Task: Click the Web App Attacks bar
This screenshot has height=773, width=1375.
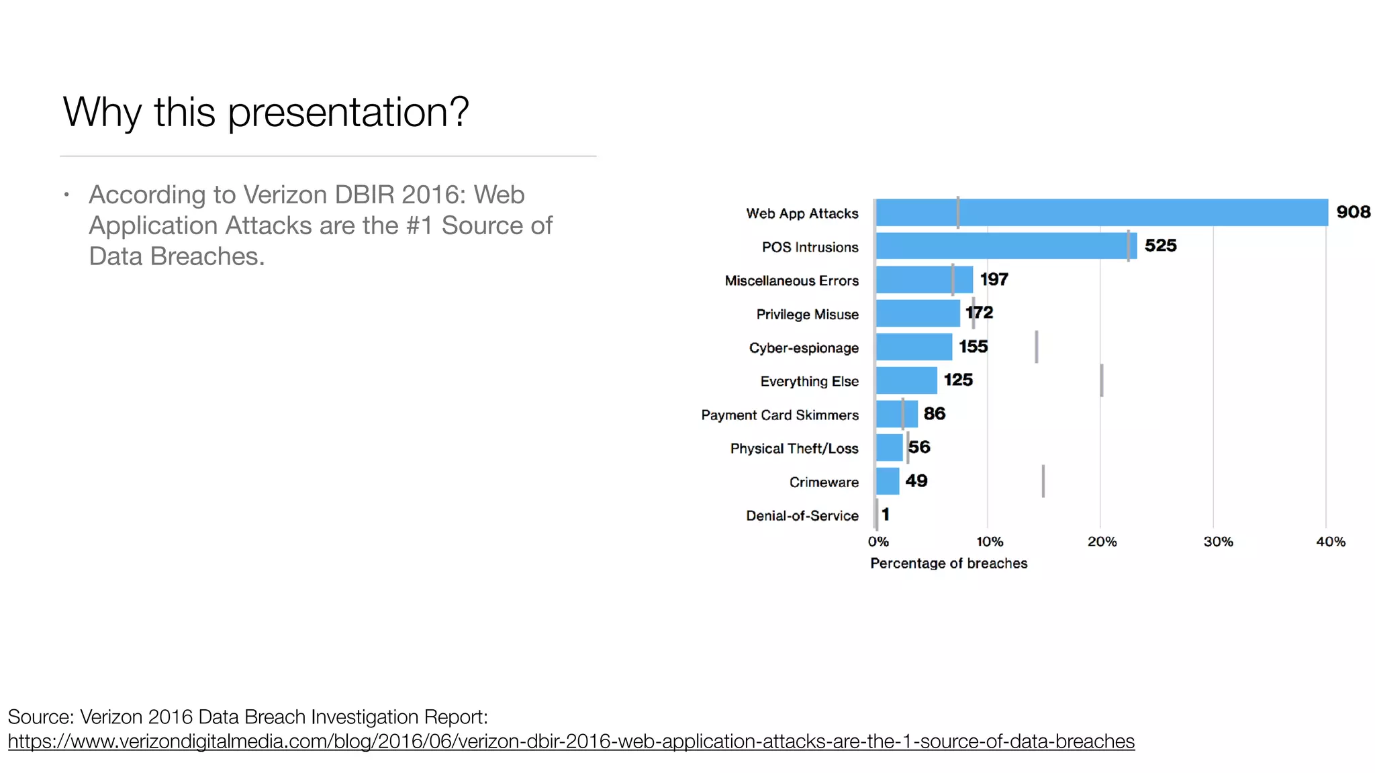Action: [1101, 213]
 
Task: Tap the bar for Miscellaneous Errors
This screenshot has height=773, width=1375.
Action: [924, 280]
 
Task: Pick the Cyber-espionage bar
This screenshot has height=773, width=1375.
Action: [914, 347]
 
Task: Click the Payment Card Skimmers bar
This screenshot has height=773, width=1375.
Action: [896, 414]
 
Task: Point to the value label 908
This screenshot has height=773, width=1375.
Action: [1353, 212]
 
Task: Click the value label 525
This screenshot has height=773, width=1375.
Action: [1160, 246]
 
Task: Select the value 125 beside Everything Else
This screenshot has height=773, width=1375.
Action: [958, 380]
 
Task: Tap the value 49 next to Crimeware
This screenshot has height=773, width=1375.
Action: [916, 480]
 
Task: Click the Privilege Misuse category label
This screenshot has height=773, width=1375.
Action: [807, 314]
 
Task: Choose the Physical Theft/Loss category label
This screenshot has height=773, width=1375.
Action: [794, 448]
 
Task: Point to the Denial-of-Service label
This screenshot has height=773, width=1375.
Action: [802, 515]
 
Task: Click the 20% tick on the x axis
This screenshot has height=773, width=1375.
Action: [1102, 542]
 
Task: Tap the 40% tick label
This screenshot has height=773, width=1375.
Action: [1330, 542]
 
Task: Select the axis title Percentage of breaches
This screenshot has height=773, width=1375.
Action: [948, 563]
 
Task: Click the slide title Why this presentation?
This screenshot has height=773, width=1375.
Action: [266, 111]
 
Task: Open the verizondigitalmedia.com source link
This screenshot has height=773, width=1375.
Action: [571, 741]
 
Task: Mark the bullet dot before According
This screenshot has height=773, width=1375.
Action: [66, 195]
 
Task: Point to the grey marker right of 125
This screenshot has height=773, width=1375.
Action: [1102, 380]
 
